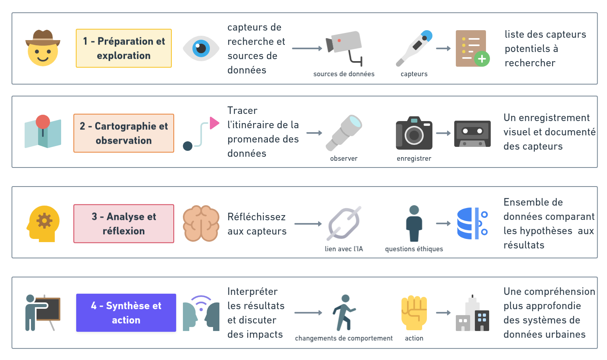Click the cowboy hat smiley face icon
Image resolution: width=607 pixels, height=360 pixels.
tap(43, 48)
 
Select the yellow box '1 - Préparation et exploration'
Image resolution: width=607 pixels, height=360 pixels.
tap(124, 48)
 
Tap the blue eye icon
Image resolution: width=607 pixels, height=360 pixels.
tap(201, 48)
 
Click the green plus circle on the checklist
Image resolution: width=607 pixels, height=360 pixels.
tap(482, 59)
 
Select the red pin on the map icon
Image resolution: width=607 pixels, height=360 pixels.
tap(43, 122)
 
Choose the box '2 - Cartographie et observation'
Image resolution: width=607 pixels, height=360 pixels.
tap(124, 133)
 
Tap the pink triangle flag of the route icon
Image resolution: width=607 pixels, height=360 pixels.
tap(214, 123)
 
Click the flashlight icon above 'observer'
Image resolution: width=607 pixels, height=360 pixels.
tap(344, 133)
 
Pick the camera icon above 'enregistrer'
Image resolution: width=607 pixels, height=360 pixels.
tap(414, 133)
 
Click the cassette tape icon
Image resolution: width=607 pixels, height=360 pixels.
tap(472, 133)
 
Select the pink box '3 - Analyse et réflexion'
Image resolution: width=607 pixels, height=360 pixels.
tap(124, 224)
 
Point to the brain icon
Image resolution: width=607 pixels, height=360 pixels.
tap(201, 224)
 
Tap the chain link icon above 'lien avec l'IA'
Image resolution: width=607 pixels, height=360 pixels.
tap(344, 223)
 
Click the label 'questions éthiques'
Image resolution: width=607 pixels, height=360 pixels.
tap(414, 249)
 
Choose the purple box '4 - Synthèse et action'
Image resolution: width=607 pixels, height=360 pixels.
tap(126, 313)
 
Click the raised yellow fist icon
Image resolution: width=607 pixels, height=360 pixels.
tap(414, 313)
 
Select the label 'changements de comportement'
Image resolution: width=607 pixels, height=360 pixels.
tap(344, 338)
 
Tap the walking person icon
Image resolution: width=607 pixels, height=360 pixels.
tap(344, 313)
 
